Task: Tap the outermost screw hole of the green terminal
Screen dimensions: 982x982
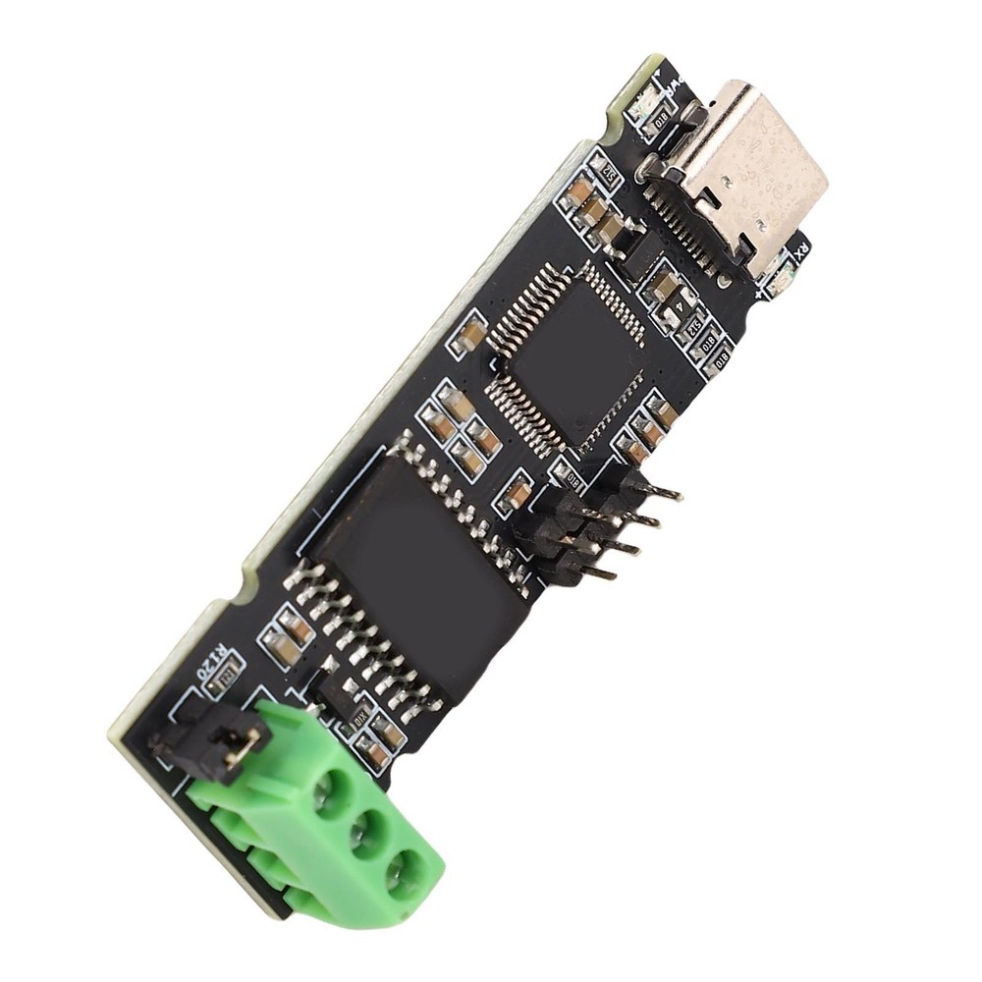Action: coord(406,872)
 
